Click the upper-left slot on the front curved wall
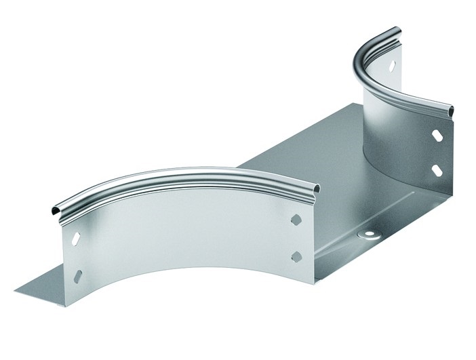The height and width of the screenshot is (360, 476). (75, 238)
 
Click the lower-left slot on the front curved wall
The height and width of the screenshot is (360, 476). (78, 276)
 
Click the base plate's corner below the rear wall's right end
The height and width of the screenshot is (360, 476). (450, 197)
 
